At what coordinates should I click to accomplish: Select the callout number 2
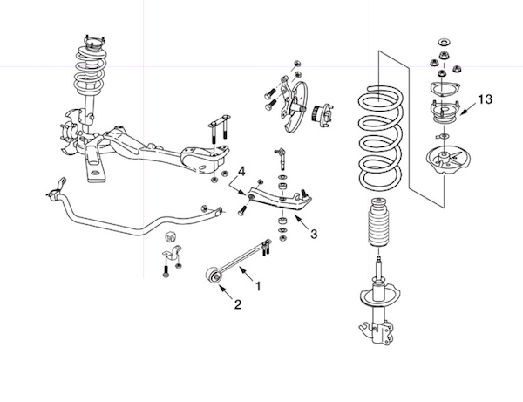click(235, 304)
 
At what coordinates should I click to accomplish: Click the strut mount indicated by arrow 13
click(444, 112)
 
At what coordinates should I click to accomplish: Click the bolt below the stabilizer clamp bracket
click(165, 272)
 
